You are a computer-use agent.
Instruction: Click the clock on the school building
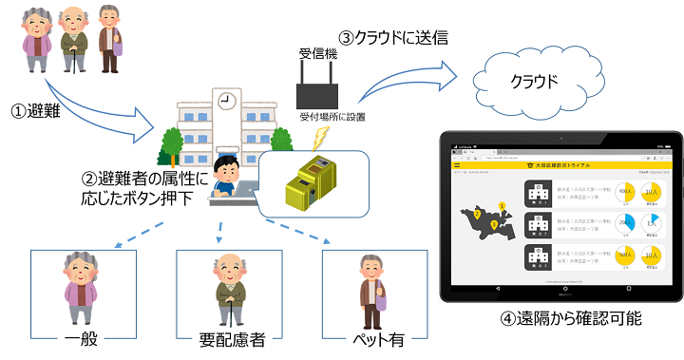click(x=225, y=100)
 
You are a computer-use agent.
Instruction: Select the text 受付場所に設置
click(x=332, y=117)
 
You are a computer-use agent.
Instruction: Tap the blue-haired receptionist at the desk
click(x=227, y=177)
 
